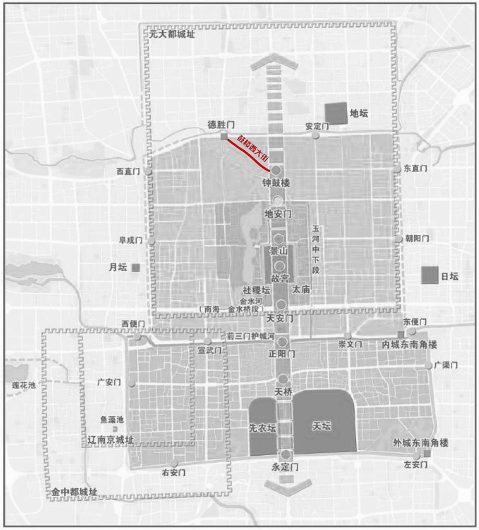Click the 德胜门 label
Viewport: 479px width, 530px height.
tap(221, 124)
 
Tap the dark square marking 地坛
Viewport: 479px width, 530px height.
tap(336, 114)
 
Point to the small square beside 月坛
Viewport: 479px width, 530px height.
tap(136, 268)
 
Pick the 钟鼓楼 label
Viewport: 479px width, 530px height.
tap(276, 183)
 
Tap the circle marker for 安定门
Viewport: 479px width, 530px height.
tap(315, 136)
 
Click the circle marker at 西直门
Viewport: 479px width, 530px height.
tap(148, 171)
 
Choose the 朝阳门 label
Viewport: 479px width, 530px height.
tap(417, 238)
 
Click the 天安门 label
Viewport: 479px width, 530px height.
tap(280, 318)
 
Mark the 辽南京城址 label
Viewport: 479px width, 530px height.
tap(110, 440)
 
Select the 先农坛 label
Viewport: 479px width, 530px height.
tap(262, 428)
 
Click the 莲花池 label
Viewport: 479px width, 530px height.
tap(24, 385)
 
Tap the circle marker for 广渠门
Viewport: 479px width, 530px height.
tap(429, 365)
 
